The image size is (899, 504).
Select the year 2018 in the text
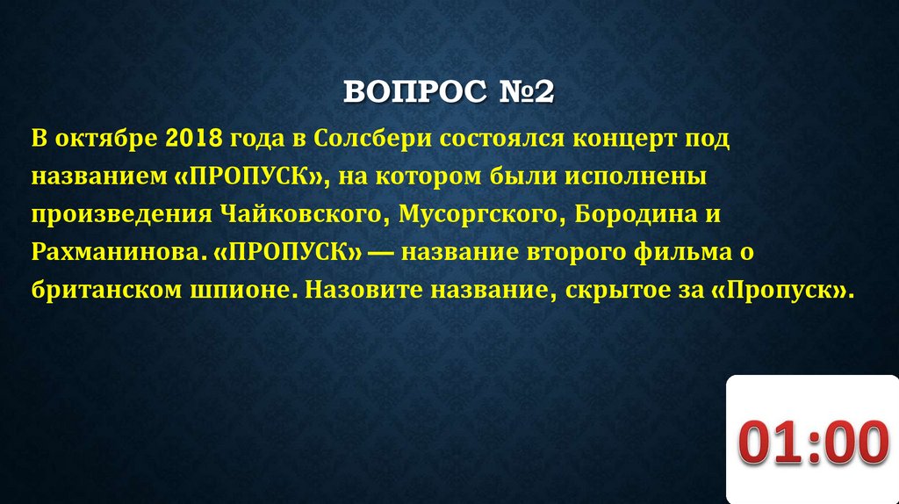coord(192,138)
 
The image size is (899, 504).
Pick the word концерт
coord(618,138)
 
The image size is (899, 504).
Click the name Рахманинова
coord(119,252)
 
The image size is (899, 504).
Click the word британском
coord(96,290)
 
